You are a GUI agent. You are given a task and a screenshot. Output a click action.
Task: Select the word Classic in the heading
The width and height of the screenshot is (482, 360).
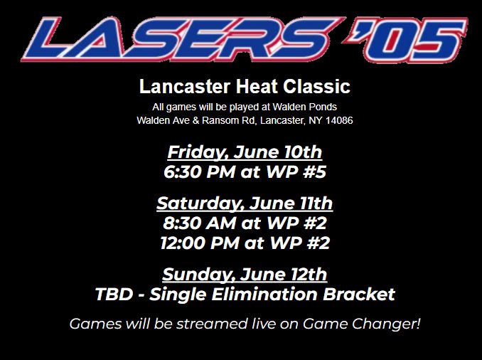(x=318, y=88)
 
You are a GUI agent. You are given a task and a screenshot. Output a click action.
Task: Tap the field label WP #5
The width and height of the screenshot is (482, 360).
(x=299, y=171)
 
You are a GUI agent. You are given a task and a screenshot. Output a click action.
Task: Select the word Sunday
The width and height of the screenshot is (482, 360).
(x=193, y=275)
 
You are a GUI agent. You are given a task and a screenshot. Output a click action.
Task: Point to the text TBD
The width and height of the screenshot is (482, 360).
(x=112, y=294)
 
